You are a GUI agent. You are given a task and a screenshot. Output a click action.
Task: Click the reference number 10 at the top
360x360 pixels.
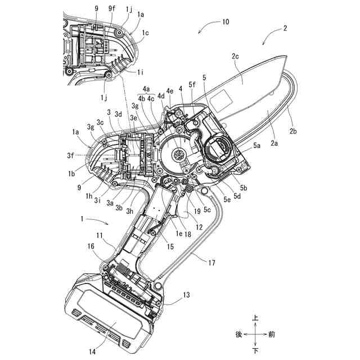225,22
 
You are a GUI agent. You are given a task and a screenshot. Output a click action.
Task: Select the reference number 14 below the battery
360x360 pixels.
92,351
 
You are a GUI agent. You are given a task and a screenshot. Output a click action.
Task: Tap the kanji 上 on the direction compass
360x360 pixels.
256,318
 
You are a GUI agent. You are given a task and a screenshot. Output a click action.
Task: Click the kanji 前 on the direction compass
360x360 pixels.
272,334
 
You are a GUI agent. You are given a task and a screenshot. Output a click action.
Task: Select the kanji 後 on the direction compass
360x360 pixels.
239,334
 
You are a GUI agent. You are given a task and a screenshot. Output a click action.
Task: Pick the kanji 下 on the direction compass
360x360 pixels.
256,350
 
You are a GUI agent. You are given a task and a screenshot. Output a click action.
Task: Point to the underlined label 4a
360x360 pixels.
146,89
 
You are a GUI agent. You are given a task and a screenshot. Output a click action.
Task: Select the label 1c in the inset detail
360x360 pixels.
146,33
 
